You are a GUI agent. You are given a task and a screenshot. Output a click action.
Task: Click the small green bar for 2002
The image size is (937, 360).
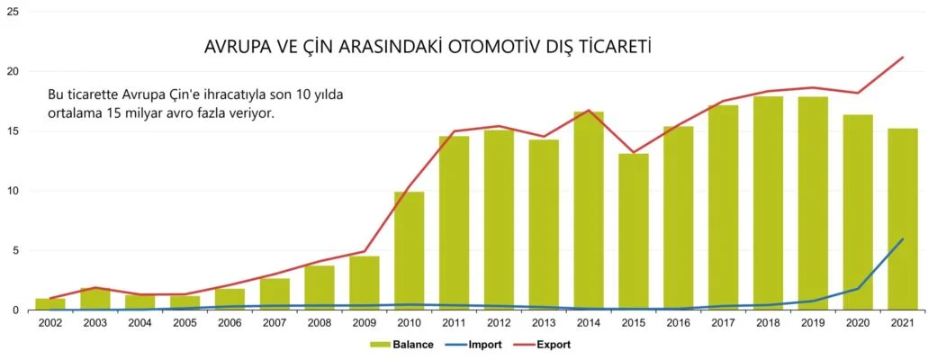50,304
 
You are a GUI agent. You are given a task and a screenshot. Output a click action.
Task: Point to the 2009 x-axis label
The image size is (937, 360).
364,323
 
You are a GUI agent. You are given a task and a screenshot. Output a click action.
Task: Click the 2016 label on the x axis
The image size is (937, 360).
678,323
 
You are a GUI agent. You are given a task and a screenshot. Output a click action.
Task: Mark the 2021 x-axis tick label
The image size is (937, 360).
902,323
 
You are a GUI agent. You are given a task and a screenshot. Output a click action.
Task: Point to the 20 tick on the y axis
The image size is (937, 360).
13,71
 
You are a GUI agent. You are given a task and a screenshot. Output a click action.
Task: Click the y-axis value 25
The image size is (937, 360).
13,12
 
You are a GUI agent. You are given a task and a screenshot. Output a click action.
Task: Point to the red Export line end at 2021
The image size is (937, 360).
902,58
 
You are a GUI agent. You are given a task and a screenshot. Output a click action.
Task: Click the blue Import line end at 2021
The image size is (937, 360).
902,239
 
